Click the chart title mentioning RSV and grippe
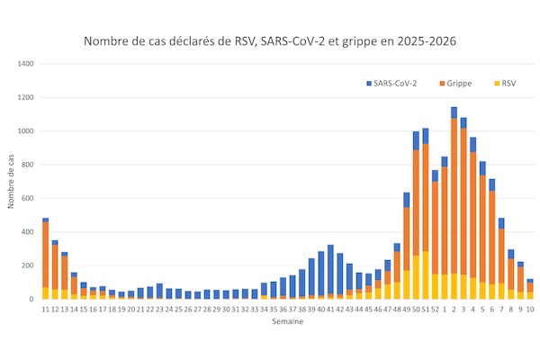[x=270, y=41]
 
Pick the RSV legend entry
[x=505, y=84]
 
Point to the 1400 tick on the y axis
[x=25, y=64]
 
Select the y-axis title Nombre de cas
[x=12, y=180]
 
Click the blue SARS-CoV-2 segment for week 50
[x=416, y=140]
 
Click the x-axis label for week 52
[x=435, y=309]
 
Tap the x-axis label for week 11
[x=45, y=309]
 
